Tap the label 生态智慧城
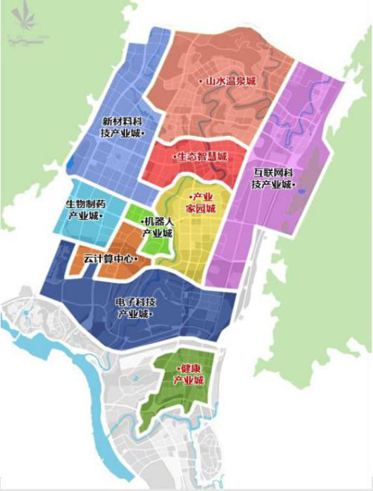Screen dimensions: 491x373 pyautogui.click(x=201, y=157)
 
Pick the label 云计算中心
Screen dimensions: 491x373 pyautogui.click(x=109, y=258)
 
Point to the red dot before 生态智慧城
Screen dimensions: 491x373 pyautogui.click(x=173, y=157)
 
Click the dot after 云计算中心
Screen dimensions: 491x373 pyautogui.click(x=136, y=259)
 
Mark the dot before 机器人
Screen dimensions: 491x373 pyautogui.click(x=140, y=221)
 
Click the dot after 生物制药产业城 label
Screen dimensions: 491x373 pyautogui.click(x=102, y=215)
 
